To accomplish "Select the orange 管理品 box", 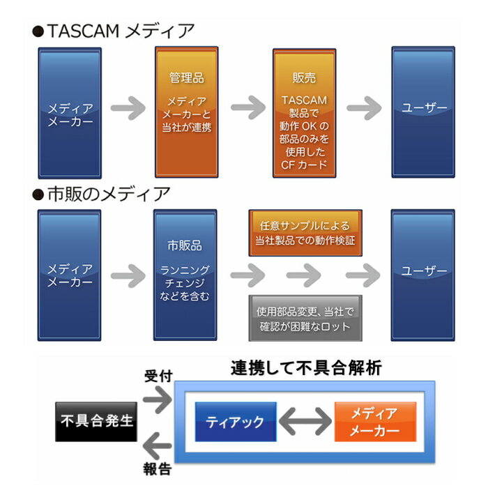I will click(186, 112).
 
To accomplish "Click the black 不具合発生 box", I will click(97, 421).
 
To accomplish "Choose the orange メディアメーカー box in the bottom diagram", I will click(375, 422).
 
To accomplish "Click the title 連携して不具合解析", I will click(306, 369).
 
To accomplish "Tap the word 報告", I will click(155, 471).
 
